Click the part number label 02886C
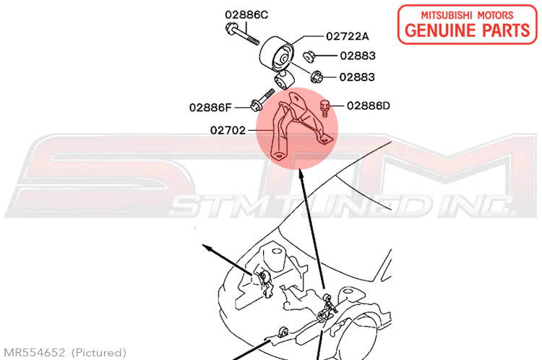pos(246,15)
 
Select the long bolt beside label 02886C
pos(242,33)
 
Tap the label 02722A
pos(348,36)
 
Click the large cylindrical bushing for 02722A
pos(276,54)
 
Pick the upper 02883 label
pos(358,56)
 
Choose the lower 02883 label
pos(357,77)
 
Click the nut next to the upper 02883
pos(309,56)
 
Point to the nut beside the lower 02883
pos(317,77)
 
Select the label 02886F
pos(210,108)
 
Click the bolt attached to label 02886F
pos(262,100)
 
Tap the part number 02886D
pos(368,106)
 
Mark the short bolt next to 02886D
pos(324,108)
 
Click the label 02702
pos(228,130)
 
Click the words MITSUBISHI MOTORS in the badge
pos(467,15)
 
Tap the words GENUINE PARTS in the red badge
pos(467,30)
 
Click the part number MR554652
pos(34,352)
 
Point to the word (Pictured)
pos(99,353)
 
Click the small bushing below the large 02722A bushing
pos(284,80)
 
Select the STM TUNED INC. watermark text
pos(343,206)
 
